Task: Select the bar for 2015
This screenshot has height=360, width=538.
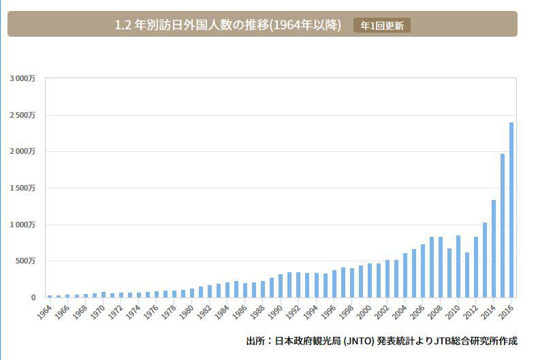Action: (503, 225)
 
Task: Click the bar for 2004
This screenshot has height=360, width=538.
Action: (405, 275)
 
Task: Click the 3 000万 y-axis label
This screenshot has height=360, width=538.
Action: (22, 79)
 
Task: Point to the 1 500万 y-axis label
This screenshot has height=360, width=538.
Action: (22, 189)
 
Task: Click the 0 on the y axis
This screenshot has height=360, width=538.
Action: (33, 298)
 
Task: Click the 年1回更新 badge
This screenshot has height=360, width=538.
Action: (381, 26)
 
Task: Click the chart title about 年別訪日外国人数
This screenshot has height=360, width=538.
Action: (228, 25)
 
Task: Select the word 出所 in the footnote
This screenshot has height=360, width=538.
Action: (255, 341)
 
